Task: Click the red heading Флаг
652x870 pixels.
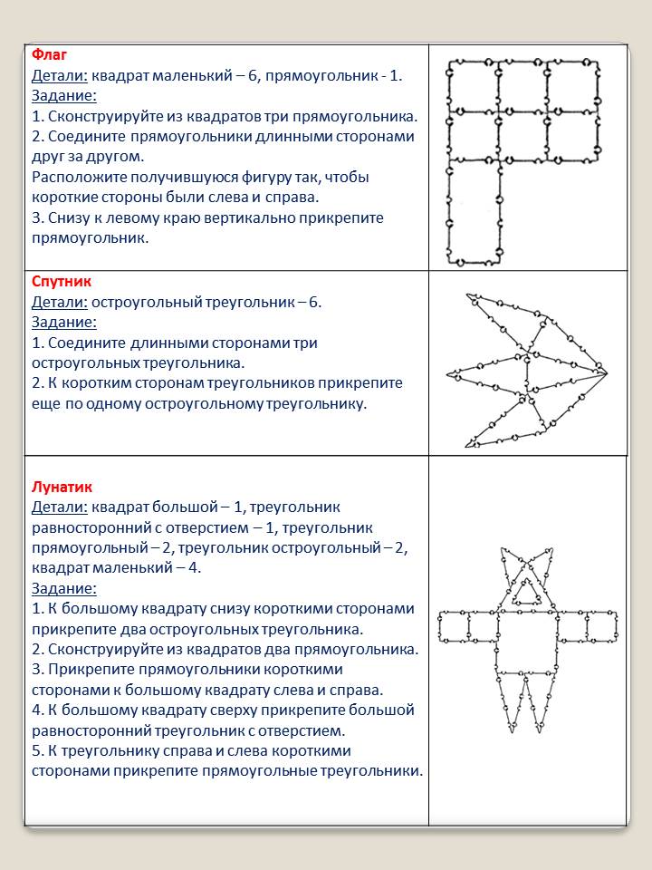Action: pos(49,55)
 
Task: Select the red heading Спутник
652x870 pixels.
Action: pos(62,282)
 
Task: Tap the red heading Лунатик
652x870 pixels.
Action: pos(62,488)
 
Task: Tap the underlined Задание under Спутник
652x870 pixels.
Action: pos(64,322)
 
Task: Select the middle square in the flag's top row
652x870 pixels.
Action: pos(523,87)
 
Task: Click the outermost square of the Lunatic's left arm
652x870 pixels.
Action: pos(453,626)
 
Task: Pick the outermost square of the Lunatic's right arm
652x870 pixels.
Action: pos(601,626)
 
